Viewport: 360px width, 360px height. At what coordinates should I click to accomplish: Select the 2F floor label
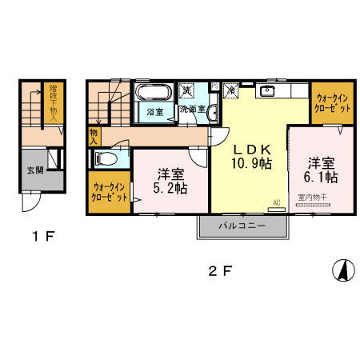[x=220, y=270]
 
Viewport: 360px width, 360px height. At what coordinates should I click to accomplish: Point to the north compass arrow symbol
[x=342, y=270]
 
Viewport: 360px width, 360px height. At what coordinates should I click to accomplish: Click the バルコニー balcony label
[x=243, y=227]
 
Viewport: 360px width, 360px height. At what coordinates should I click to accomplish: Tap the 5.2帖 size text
[x=171, y=189]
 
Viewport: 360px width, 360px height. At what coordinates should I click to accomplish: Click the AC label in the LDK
[x=276, y=202]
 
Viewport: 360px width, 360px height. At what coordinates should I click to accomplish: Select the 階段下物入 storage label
[x=53, y=103]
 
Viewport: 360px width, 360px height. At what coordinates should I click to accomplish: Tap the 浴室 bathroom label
[x=154, y=112]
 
